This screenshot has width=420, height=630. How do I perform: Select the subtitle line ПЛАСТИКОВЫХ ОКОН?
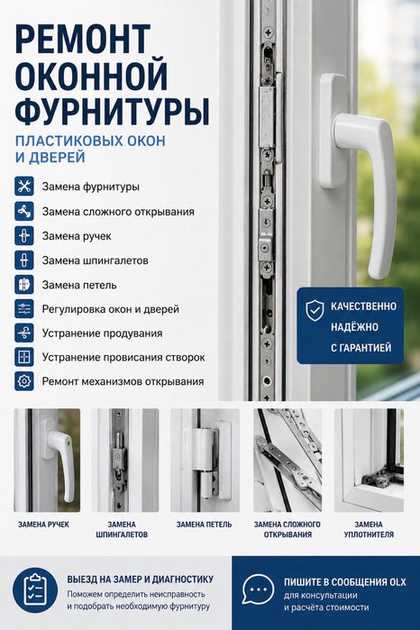[90, 141]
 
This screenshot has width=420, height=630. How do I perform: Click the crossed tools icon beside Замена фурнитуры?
[24, 187]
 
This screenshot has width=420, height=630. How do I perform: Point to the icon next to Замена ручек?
[24, 236]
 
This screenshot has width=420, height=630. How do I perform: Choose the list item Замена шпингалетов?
[96, 260]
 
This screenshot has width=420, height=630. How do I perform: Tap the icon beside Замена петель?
[24, 285]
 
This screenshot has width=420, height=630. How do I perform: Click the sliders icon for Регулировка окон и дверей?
[24, 309]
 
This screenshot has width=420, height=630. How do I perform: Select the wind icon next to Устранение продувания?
[24, 333]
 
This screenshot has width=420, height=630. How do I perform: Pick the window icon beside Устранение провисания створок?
[24, 357]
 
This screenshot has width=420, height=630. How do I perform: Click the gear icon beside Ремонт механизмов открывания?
[24, 381]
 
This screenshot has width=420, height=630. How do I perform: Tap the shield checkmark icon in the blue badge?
[315, 310]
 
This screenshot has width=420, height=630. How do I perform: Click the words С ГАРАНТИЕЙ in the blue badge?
[361, 348]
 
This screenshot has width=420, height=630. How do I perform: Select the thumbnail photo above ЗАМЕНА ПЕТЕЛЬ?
[205, 461]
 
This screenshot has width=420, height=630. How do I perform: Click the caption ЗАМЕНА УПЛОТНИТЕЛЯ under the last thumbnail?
[369, 530]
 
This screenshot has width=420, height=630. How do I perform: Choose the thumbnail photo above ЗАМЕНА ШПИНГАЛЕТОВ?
[125, 461]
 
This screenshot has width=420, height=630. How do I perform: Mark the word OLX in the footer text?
[397, 582]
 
